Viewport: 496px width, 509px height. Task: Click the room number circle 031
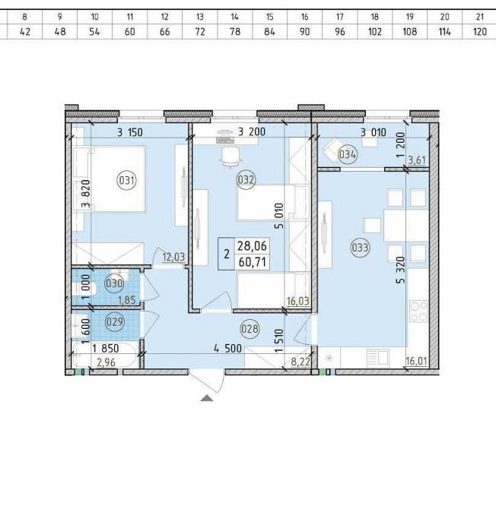coord(126,179)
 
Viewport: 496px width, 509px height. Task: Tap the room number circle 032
coord(246,179)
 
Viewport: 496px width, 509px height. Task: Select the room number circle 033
coord(360,248)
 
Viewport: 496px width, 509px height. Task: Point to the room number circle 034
coord(348,154)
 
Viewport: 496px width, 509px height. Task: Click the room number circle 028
coord(250,329)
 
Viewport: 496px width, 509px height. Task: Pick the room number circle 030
coord(114,283)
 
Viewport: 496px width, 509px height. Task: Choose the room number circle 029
coord(115,321)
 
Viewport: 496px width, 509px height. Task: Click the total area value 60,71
coord(253,261)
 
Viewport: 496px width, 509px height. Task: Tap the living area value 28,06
coord(252,245)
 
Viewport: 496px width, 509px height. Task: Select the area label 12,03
coord(173,257)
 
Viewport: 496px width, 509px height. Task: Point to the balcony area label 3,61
coord(417,160)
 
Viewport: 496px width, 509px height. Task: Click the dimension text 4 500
coord(227,349)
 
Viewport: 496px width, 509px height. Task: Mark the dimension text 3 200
coord(252,131)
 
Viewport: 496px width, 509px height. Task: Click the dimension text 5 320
coord(401,270)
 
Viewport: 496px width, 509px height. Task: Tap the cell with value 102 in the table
coord(375,31)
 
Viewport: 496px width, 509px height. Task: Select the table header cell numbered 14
coord(234,17)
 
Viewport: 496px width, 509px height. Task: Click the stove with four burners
coord(418,311)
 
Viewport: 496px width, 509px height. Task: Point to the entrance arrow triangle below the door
coord(207,398)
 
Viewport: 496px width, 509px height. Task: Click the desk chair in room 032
coord(231,158)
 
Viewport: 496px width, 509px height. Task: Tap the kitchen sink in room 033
coord(377,358)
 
